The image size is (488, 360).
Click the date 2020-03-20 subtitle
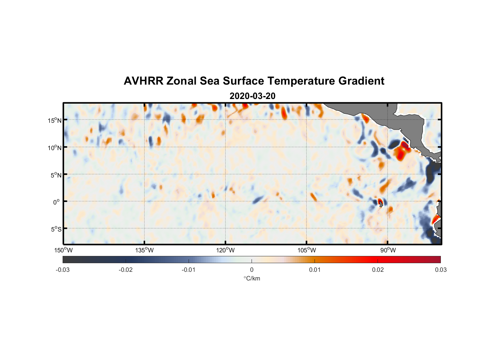tap(252, 96)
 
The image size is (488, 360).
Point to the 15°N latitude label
tap(55, 120)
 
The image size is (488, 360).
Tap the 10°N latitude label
tap(55, 148)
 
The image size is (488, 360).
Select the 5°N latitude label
tap(55, 175)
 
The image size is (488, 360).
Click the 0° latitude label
tap(56, 202)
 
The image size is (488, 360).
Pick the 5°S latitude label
tap(55, 229)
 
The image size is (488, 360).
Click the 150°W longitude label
tap(63, 250)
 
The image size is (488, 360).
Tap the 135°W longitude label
tap(144, 250)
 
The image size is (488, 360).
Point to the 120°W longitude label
tap(225, 250)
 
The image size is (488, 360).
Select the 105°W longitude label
tap(307, 250)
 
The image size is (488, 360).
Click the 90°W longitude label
tap(388, 250)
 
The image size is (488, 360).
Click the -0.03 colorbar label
tap(63, 270)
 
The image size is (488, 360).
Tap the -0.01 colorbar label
tap(189, 270)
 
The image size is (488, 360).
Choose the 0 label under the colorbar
tap(252, 270)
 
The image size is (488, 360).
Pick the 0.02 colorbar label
tap(378, 270)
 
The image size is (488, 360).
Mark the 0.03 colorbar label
tap(440, 270)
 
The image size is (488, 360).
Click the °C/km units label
tap(252, 278)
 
